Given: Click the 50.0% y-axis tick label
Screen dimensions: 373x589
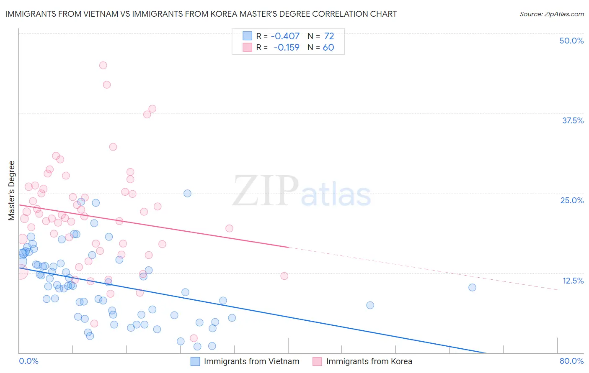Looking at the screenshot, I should [571, 41].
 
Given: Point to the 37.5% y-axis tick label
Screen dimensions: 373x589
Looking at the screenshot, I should [573, 120].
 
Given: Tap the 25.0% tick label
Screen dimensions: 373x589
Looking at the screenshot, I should [572, 200].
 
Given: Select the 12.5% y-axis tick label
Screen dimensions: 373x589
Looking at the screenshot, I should [573, 281].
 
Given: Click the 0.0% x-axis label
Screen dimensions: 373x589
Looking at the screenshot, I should [28, 361].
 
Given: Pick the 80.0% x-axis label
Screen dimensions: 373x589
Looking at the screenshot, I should [571, 361].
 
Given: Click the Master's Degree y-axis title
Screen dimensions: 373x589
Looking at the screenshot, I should [12, 190].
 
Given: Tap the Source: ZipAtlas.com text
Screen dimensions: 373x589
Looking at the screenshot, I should [551, 14].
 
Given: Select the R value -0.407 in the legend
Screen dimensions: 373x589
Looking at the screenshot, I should [285, 36].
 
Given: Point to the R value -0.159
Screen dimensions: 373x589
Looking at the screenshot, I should [287, 48].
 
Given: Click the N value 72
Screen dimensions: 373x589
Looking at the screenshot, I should [329, 36].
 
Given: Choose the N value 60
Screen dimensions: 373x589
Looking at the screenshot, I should [328, 48].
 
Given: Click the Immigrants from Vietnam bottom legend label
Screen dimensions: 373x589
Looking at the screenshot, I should [251, 361].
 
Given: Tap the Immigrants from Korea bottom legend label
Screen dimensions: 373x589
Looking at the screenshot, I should [369, 361].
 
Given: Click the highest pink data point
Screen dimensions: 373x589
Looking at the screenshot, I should [103, 65].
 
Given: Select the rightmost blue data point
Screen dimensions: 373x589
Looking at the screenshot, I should [472, 287].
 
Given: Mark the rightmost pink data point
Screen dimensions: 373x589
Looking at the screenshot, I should [284, 276].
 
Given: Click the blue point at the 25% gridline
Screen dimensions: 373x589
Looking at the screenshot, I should [187, 193].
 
